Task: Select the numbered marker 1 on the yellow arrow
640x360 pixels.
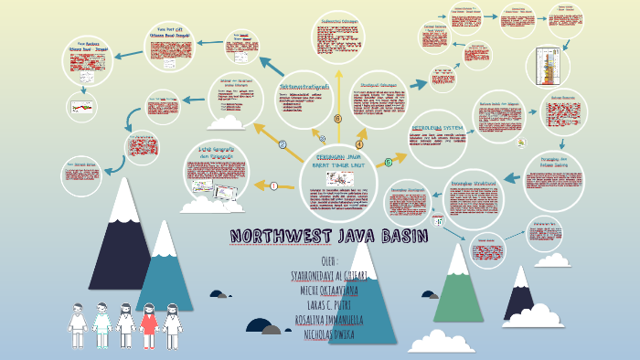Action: tap(273, 186)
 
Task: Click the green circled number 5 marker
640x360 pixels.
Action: tap(388, 163)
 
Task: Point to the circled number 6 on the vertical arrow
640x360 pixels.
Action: tap(337, 119)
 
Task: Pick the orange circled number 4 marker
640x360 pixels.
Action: tap(359, 143)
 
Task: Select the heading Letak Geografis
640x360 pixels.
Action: tap(217, 152)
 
